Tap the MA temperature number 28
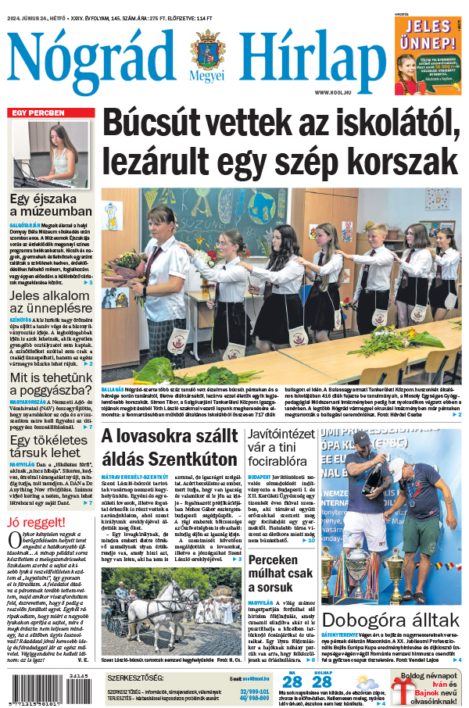[x=292, y=681]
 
